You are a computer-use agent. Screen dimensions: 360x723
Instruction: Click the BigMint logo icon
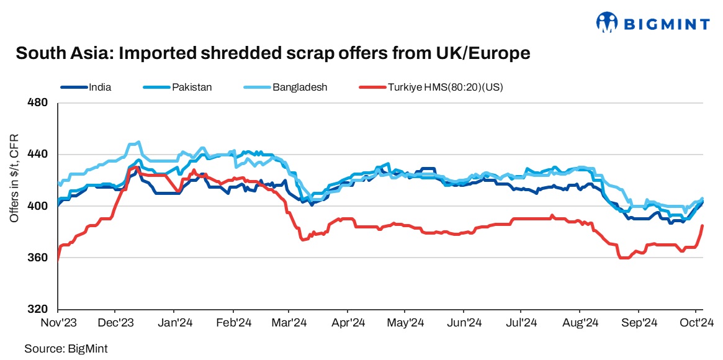606,23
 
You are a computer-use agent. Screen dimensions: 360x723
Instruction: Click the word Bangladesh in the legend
299,88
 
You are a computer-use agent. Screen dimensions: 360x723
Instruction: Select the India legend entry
100,88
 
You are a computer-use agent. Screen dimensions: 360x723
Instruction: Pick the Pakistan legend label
192,88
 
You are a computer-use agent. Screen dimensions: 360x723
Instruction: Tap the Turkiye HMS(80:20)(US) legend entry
445,88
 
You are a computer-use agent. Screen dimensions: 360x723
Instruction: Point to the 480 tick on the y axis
39,102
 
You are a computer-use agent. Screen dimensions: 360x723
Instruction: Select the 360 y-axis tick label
39,258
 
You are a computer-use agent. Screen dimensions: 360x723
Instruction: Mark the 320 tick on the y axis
39,309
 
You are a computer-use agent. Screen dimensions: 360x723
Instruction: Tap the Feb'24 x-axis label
233,323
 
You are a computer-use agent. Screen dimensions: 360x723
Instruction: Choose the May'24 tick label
405,323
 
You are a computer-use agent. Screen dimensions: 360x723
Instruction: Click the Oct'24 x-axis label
695,323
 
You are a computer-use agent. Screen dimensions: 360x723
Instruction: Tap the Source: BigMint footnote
61,349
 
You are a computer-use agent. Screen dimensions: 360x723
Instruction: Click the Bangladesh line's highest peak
138,142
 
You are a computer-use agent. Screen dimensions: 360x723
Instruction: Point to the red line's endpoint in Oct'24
702,225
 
